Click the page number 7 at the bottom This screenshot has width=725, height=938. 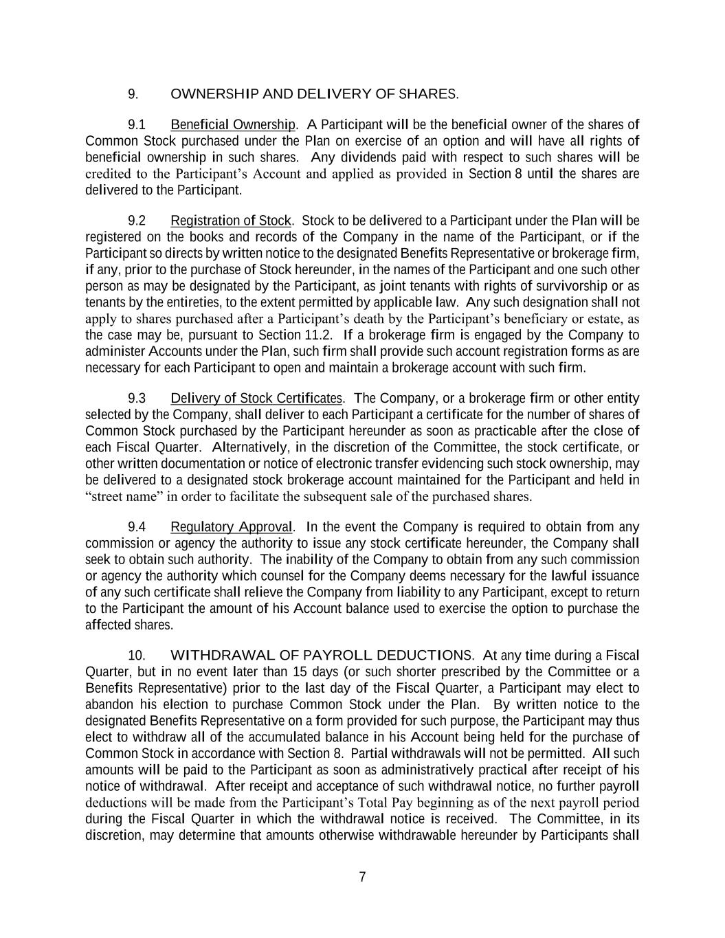click(x=362, y=877)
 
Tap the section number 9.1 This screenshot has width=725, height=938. click(x=137, y=125)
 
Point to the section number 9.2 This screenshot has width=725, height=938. click(x=137, y=221)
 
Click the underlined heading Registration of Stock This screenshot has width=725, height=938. click(x=231, y=221)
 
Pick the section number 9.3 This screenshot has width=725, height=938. click(x=137, y=399)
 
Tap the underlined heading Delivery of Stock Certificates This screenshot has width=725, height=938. click(x=256, y=399)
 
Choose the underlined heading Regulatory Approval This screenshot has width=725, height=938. click(x=232, y=527)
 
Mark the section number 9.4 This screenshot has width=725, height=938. click(x=137, y=527)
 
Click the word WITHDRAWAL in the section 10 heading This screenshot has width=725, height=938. click(x=216, y=655)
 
